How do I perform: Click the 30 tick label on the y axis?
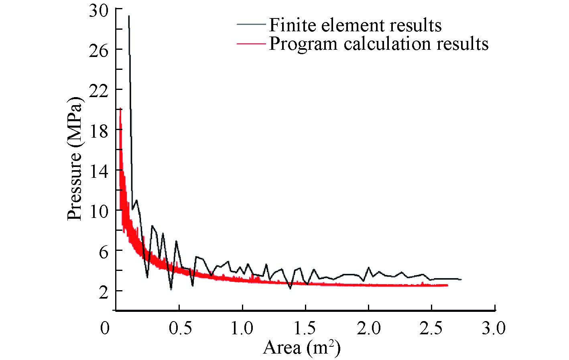tap(99, 11)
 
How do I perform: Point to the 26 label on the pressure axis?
tap(99, 51)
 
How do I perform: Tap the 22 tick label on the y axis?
tap(99, 91)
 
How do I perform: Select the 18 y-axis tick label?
tap(99, 131)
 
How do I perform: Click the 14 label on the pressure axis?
tap(99, 171)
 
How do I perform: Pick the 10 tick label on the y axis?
tap(99, 212)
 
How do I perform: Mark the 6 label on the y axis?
tap(104, 252)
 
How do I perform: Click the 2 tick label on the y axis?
tap(104, 292)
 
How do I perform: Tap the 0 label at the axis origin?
tap(105, 328)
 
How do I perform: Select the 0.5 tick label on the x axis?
tap(180, 328)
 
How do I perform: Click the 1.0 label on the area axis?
tap(242, 328)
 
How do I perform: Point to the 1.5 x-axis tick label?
tap(305, 328)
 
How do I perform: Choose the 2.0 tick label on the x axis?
tap(369, 328)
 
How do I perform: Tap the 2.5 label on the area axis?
tap(431, 328)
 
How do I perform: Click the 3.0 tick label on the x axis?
tap(494, 328)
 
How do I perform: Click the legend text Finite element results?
tap(355, 25)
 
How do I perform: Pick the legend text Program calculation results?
tap(378, 43)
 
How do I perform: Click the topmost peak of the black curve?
tap(129, 16)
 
